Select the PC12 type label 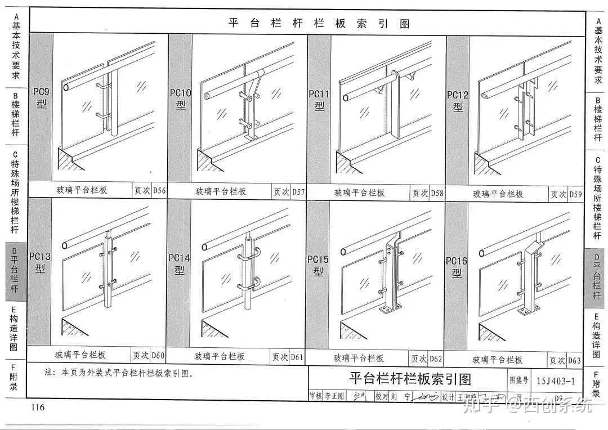pyautogui.click(x=458, y=100)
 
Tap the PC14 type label pyautogui.click(x=180, y=263)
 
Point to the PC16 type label pyautogui.click(x=457, y=266)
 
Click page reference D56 pyautogui.click(x=159, y=190)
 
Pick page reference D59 pyautogui.click(x=575, y=194)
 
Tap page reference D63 pyautogui.click(x=574, y=360)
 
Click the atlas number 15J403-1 pyautogui.click(x=556, y=381)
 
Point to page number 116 pyautogui.click(x=38, y=407)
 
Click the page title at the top pyautogui.click(x=319, y=24)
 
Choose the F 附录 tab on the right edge pyautogui.click(x=596, y=384)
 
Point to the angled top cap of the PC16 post pyautogui.click(x=533, y=249)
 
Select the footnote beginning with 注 pyautogui.click(x=118, y=373)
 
